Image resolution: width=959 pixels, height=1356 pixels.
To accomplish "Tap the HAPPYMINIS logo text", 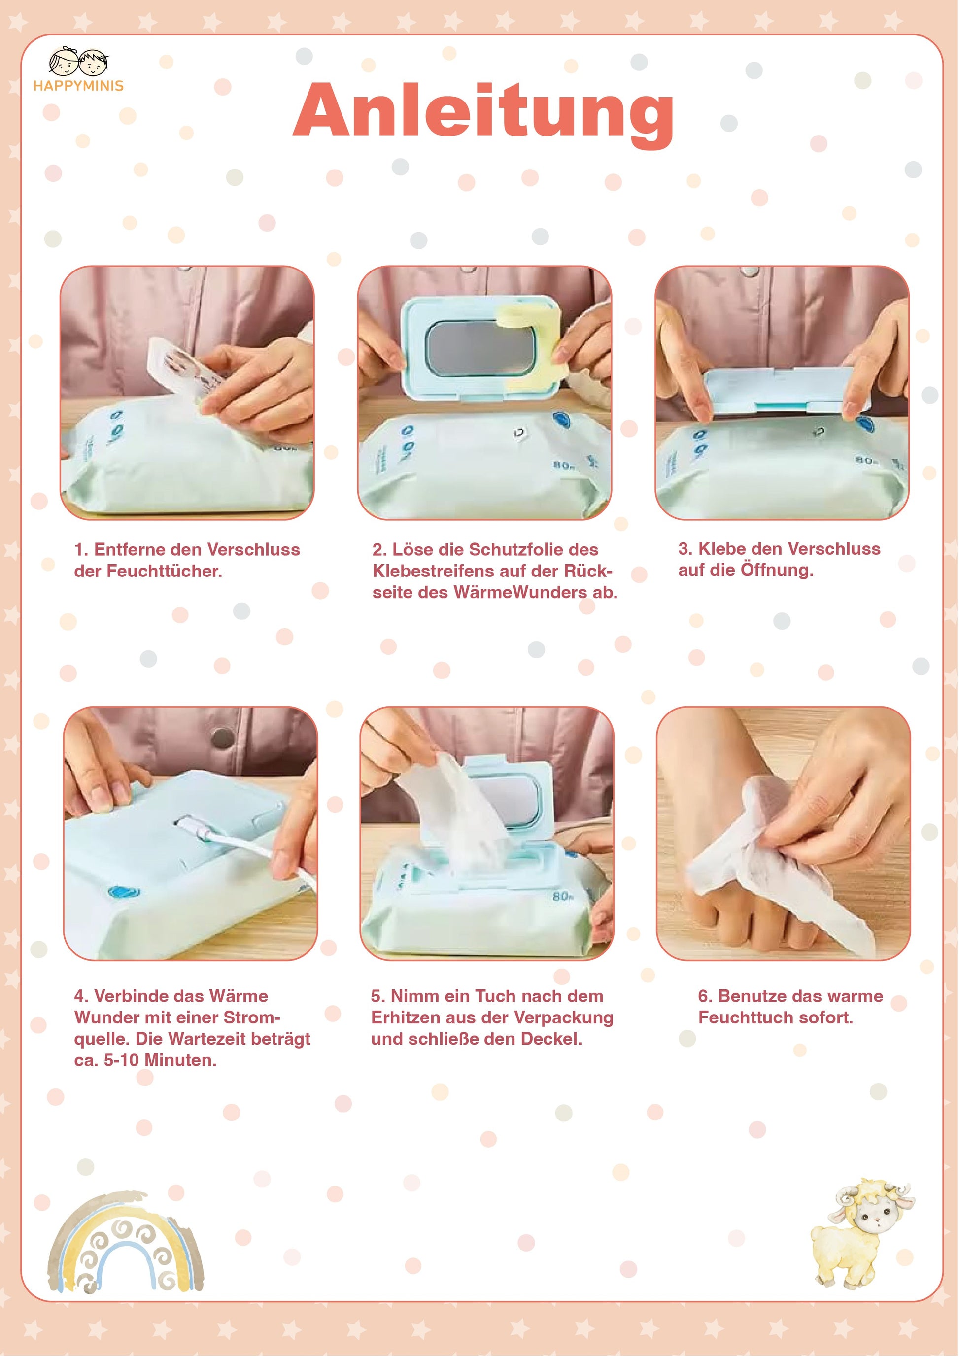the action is click(x=78, y=86).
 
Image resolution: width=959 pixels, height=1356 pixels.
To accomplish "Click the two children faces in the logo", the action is click(x=78, y=62).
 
